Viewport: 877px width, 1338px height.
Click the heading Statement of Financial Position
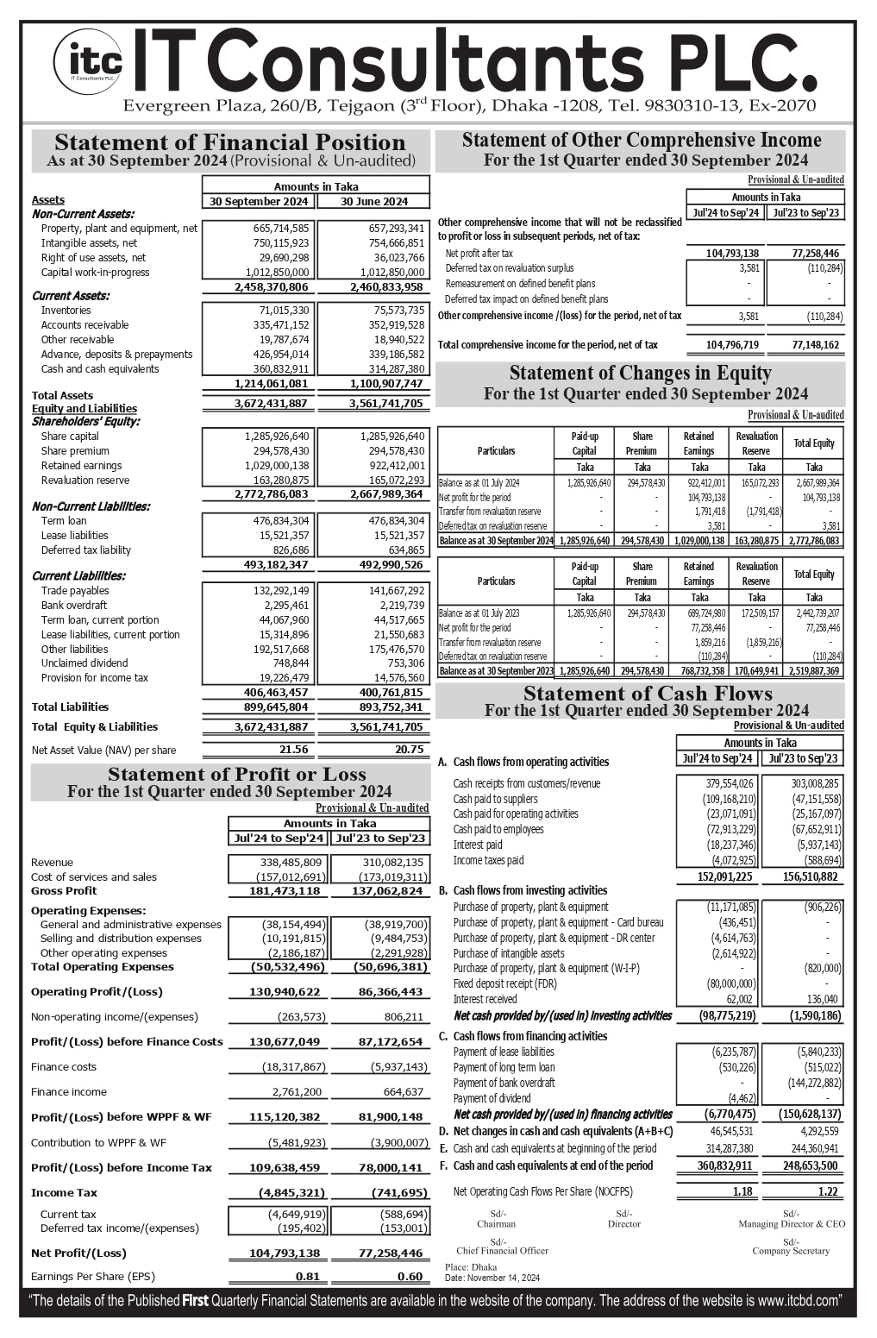(x=229, y=142)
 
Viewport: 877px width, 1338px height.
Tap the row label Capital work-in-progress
(x=95, y=273)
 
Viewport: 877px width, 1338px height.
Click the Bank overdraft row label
(x=74, y=606)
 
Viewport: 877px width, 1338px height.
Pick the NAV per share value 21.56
(x=293, y=750)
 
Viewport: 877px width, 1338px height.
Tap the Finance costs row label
(x=64, y=1067)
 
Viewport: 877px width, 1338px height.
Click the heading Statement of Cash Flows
(x=648, y=694)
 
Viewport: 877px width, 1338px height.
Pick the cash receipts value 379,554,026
(x=730, y=783)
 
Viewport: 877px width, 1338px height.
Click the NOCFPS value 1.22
(x=827, y=1191)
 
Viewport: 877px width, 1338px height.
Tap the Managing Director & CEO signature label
(x=791, y=1224)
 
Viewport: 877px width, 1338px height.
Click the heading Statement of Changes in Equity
(x=640, y=374)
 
